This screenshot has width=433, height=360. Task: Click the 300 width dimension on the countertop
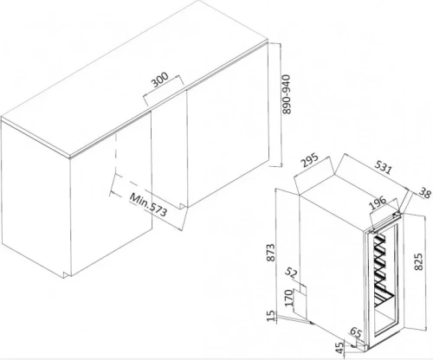coord(159,81)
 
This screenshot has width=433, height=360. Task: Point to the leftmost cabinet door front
coord(35,199)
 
